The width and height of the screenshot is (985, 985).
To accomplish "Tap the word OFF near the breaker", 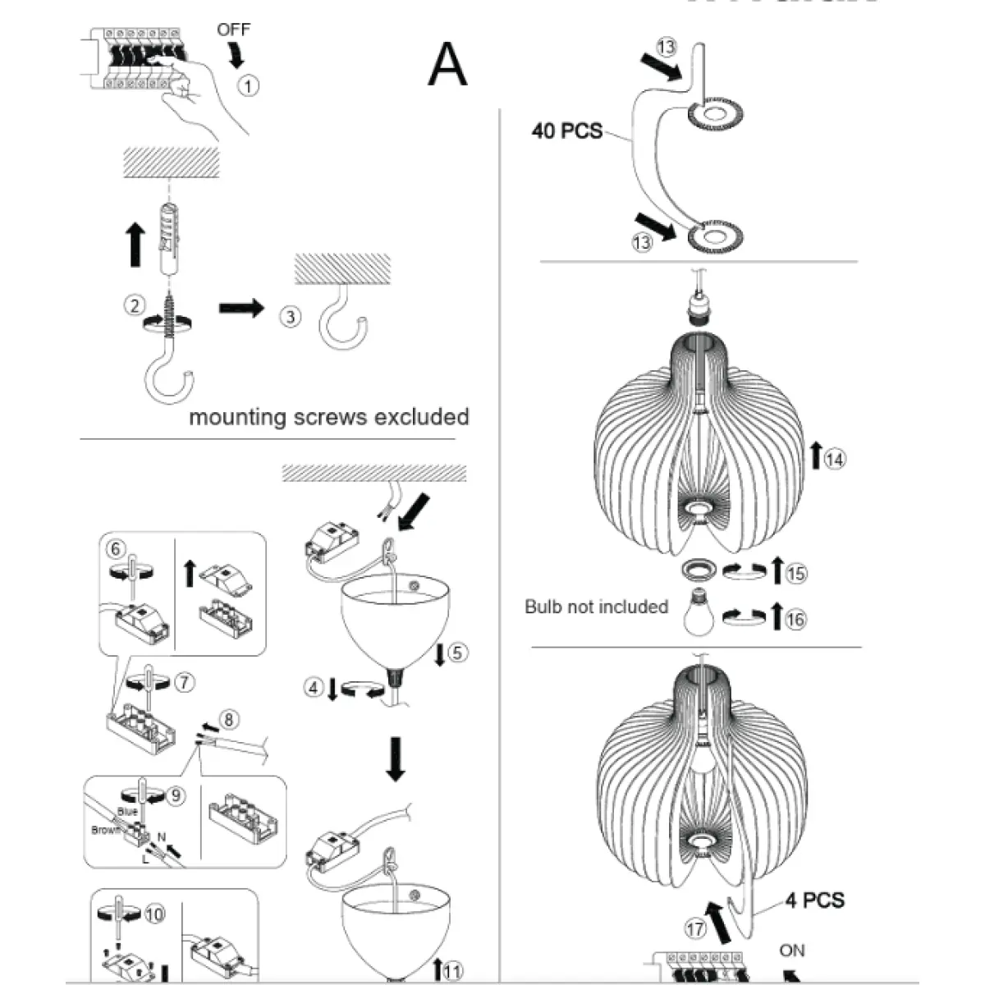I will click(233, 30).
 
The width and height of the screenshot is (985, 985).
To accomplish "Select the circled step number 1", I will click(248, 85).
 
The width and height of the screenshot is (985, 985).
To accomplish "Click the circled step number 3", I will click(290, 316).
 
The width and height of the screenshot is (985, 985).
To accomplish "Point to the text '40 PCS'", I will click(566, 131).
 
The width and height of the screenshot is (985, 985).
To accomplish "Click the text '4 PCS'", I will click(814, 900).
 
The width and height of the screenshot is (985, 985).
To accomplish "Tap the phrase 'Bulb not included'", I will click(596, 607).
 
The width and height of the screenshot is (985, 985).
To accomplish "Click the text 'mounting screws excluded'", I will click(328, 417).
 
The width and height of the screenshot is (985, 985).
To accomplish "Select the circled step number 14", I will click(834, 459).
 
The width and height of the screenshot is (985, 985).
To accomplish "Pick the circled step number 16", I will click(795, 619).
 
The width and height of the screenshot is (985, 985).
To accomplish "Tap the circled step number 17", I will click(694, 929).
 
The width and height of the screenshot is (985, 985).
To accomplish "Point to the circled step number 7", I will click(186, 682).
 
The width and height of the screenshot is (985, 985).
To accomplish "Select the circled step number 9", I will click(175, 795).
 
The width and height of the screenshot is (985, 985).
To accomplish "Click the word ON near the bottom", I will click(792, 951).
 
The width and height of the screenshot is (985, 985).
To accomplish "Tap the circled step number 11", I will click(451, 972).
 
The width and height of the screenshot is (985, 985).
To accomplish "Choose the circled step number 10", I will click(154, 914).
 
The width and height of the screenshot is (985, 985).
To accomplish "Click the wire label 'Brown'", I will click(106, 830).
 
